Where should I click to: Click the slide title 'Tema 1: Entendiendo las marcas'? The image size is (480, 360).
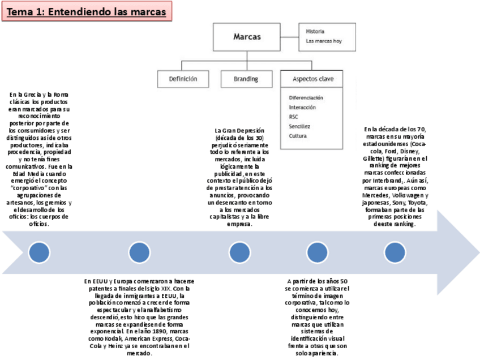[87, 12]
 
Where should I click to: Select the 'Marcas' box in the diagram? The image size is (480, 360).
[247, 37]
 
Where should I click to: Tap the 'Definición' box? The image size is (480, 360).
[183, 79]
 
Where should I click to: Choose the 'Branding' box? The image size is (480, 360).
[246, 79]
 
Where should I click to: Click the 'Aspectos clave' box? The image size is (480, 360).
[308, 79]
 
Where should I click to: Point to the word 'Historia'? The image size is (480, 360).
[315, 32]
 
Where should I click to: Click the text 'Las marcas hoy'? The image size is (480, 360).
[323, 41]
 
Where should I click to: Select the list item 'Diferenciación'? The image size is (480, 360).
[306, 97]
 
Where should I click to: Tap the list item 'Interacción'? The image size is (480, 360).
[302, 107]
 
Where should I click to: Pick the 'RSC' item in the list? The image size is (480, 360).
[293, 117]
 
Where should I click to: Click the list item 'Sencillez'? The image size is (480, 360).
[299, 126]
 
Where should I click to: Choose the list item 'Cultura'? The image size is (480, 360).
[298, 136]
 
